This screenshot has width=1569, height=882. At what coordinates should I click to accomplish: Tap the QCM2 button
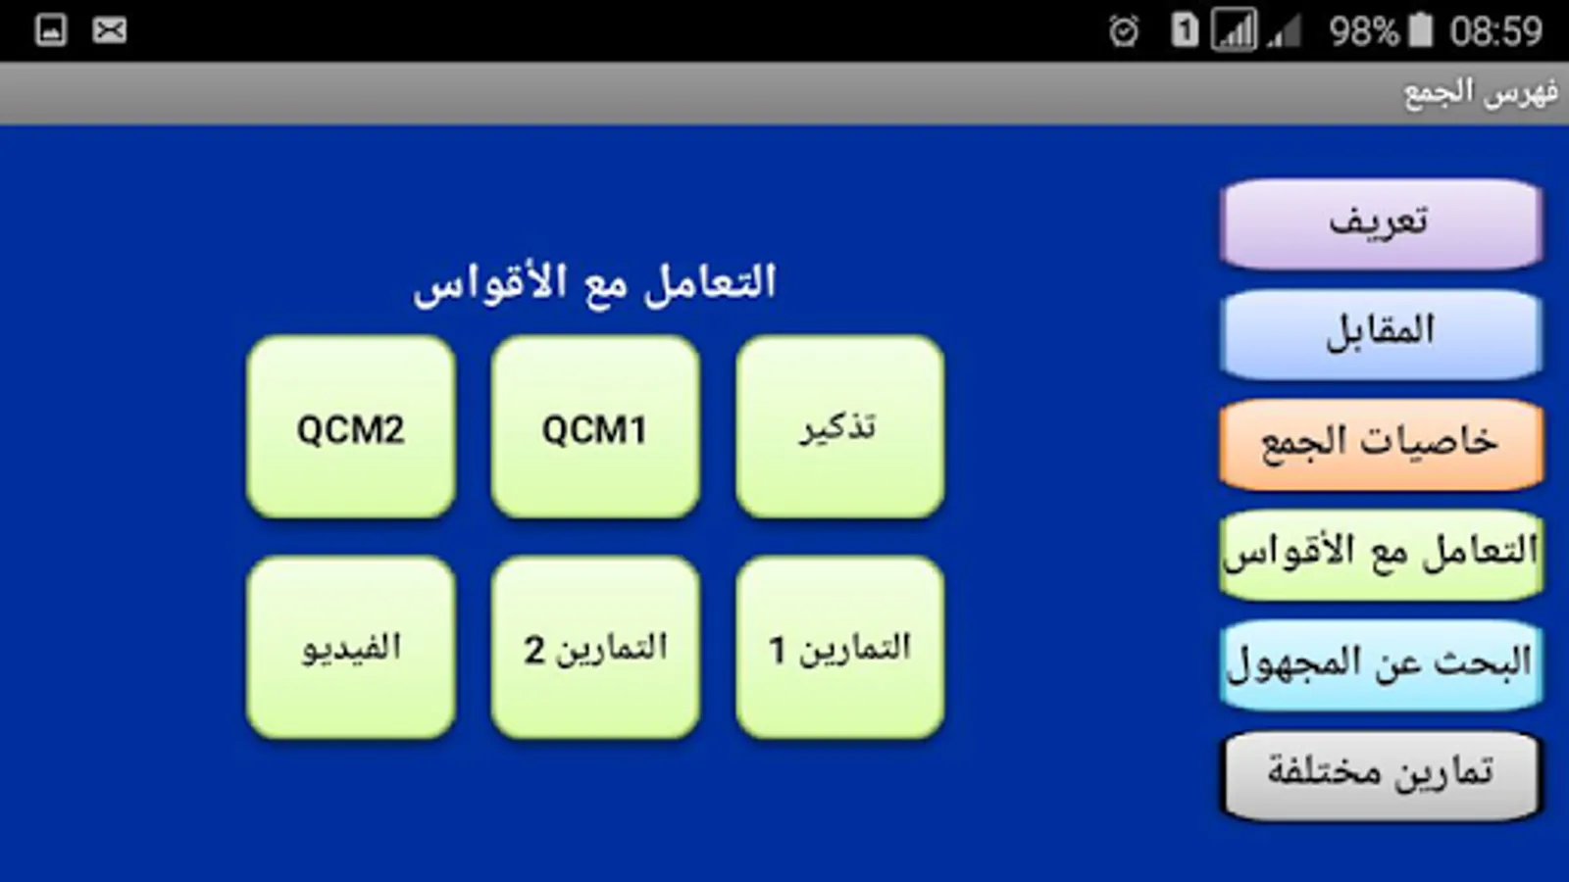point(351,427)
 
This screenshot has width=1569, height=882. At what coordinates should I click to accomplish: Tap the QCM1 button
point(595,427)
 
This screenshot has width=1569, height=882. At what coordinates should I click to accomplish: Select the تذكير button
point(839,427)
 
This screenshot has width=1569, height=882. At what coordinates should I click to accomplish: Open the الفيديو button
point(351,648)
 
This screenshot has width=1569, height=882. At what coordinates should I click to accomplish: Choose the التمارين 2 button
point(595,648)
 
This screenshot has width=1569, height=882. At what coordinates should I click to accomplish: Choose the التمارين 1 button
point(839,648)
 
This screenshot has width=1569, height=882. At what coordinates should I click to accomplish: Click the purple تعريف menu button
point(1381,224)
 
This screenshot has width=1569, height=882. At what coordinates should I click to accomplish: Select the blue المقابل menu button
point(1381,334)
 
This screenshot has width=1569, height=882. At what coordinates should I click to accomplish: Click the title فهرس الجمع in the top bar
point(1481,94)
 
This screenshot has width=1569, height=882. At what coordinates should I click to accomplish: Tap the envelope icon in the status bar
point(109,30)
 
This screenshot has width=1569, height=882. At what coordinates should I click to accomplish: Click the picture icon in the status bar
point(51,30)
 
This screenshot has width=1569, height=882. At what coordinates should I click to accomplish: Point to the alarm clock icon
point(1124,31)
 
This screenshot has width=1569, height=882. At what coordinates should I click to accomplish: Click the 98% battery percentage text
point(1363,31)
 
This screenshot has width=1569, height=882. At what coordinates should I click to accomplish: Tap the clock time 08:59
point(1496,31)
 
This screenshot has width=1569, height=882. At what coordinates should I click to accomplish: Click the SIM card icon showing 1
point(1185,30)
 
